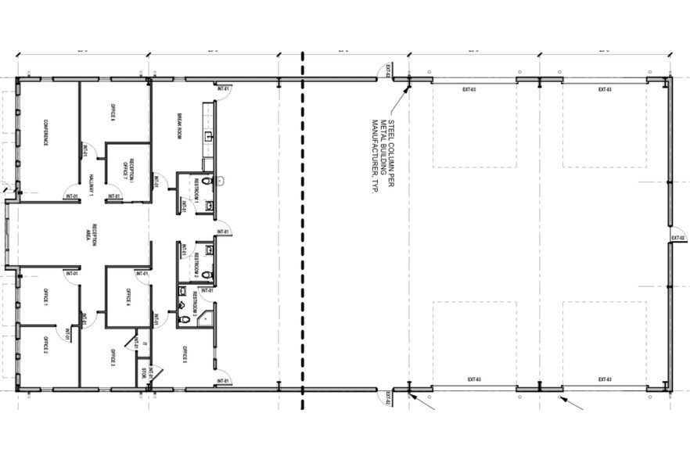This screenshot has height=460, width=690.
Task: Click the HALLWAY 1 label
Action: (92, 185)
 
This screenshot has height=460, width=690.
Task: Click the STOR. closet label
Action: (144, 373)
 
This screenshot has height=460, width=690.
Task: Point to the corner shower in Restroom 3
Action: (205, 318)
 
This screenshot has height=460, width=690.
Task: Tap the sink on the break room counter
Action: (208, 137)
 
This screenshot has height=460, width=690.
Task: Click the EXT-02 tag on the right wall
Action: (677, 237)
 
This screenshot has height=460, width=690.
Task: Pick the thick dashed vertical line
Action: (303, 235)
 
